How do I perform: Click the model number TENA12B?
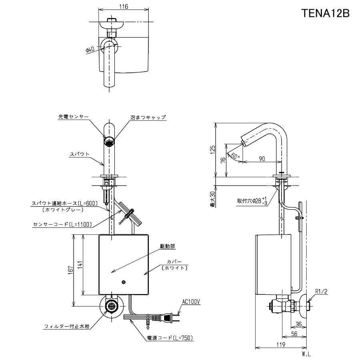pyautogui.click(x=325, y=13)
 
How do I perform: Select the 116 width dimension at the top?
pyautogui.click(x=124, y=7)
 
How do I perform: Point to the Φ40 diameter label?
pyautogui.click(x=90, y=50)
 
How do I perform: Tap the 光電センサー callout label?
pyautogui.click(x=73, y=117)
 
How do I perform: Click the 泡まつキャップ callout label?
pyautogui.click(x=148, y=117)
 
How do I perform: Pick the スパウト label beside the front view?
pyautogui.click(x=80, y=154)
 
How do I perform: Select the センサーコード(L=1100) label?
pyautogui.click(x=62, y=224)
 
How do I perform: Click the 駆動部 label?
pyautogui.click(x=168, y=246)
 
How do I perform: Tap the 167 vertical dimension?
pyautogui.click(x=71, y=269)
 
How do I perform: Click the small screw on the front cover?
pyautogui.click(x=124, y=282)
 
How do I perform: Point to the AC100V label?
pyautogui.click(x=191, y=302)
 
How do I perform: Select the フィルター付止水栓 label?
pyautogui.click(x=66, y=326)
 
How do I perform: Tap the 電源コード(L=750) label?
pyautogui.click(x=170, y=338)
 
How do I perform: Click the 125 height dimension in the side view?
pyautogui.click(x=213, y=150)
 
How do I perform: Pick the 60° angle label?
pyautogui.click(x=235, y=156)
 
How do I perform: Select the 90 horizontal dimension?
pyautogui.click(x=262, y=159)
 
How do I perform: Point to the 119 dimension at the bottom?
pyautogui.click(x=281, y=345)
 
